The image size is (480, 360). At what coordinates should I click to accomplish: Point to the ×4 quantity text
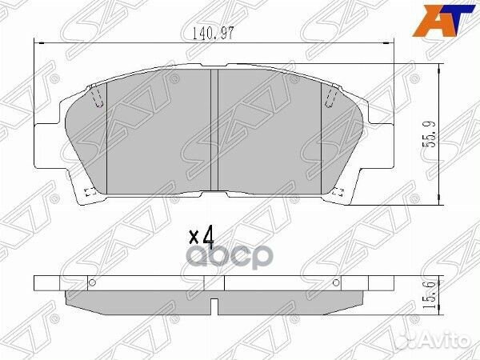202,236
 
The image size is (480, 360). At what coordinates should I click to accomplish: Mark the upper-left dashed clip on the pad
97,97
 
